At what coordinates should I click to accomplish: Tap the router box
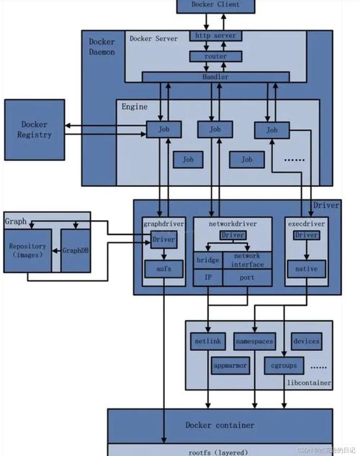point(215,56)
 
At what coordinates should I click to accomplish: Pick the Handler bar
point(215,77)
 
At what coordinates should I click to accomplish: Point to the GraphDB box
point(76,251)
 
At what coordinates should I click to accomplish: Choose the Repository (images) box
point(27,251)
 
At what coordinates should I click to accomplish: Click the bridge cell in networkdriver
point(208,260)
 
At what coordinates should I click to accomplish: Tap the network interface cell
point(247,260)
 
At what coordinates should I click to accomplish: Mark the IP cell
point(208,278)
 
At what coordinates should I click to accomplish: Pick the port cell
point(247,278)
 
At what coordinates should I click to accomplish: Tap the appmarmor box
point(230,365)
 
